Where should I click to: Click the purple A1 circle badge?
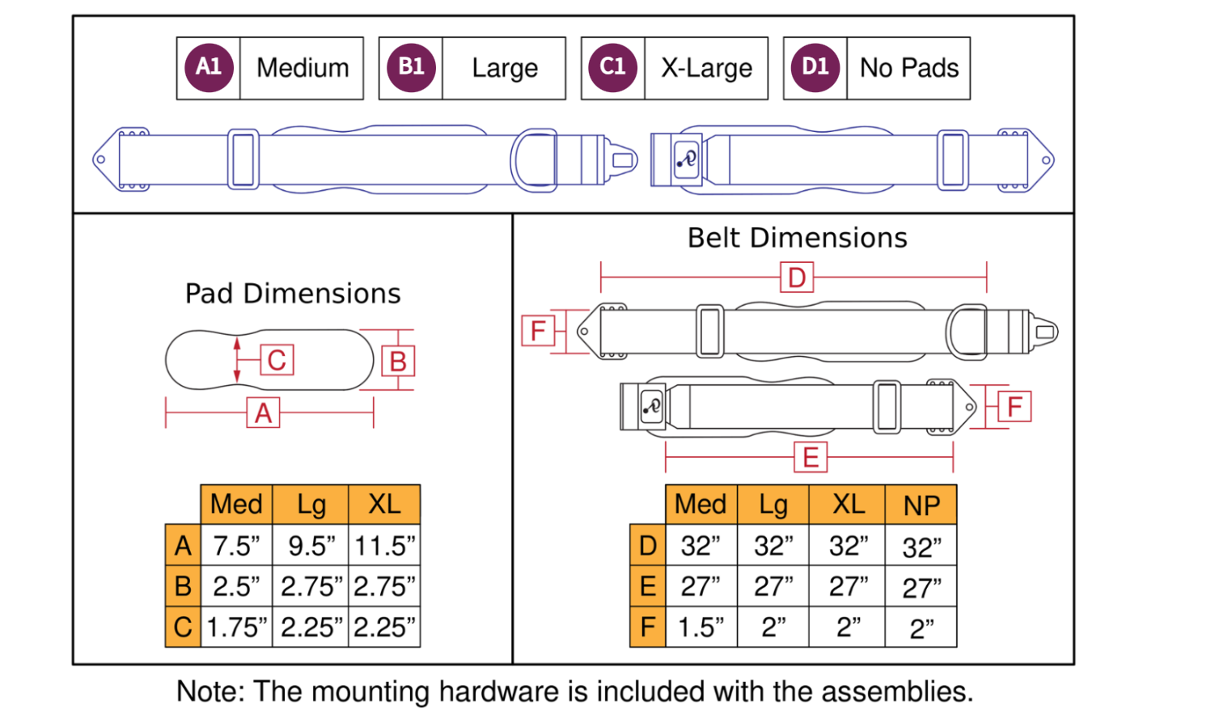[209, 68]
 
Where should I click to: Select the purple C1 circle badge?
[613, 68]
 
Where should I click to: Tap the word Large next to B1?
[505, 68]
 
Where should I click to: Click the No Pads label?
[909, 68]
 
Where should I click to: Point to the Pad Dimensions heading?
[293, 294]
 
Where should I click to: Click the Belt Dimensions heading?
[797, 238]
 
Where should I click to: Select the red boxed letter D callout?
[797, 277]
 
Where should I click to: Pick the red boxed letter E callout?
[811, 458]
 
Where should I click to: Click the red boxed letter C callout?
[277, 360]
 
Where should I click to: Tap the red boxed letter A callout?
[263, 413]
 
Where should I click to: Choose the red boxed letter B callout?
[398, 362]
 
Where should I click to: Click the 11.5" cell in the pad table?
[384, 546]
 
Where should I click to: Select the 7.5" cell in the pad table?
[236, 546]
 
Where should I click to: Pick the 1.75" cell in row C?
[236, 627]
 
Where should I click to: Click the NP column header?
[921, 506]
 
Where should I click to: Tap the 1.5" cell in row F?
[701, 627]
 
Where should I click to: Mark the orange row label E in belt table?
[647, 587]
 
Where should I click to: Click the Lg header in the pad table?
[311, 505]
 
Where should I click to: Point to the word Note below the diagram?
[210, 692]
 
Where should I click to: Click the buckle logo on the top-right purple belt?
[686, 159]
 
